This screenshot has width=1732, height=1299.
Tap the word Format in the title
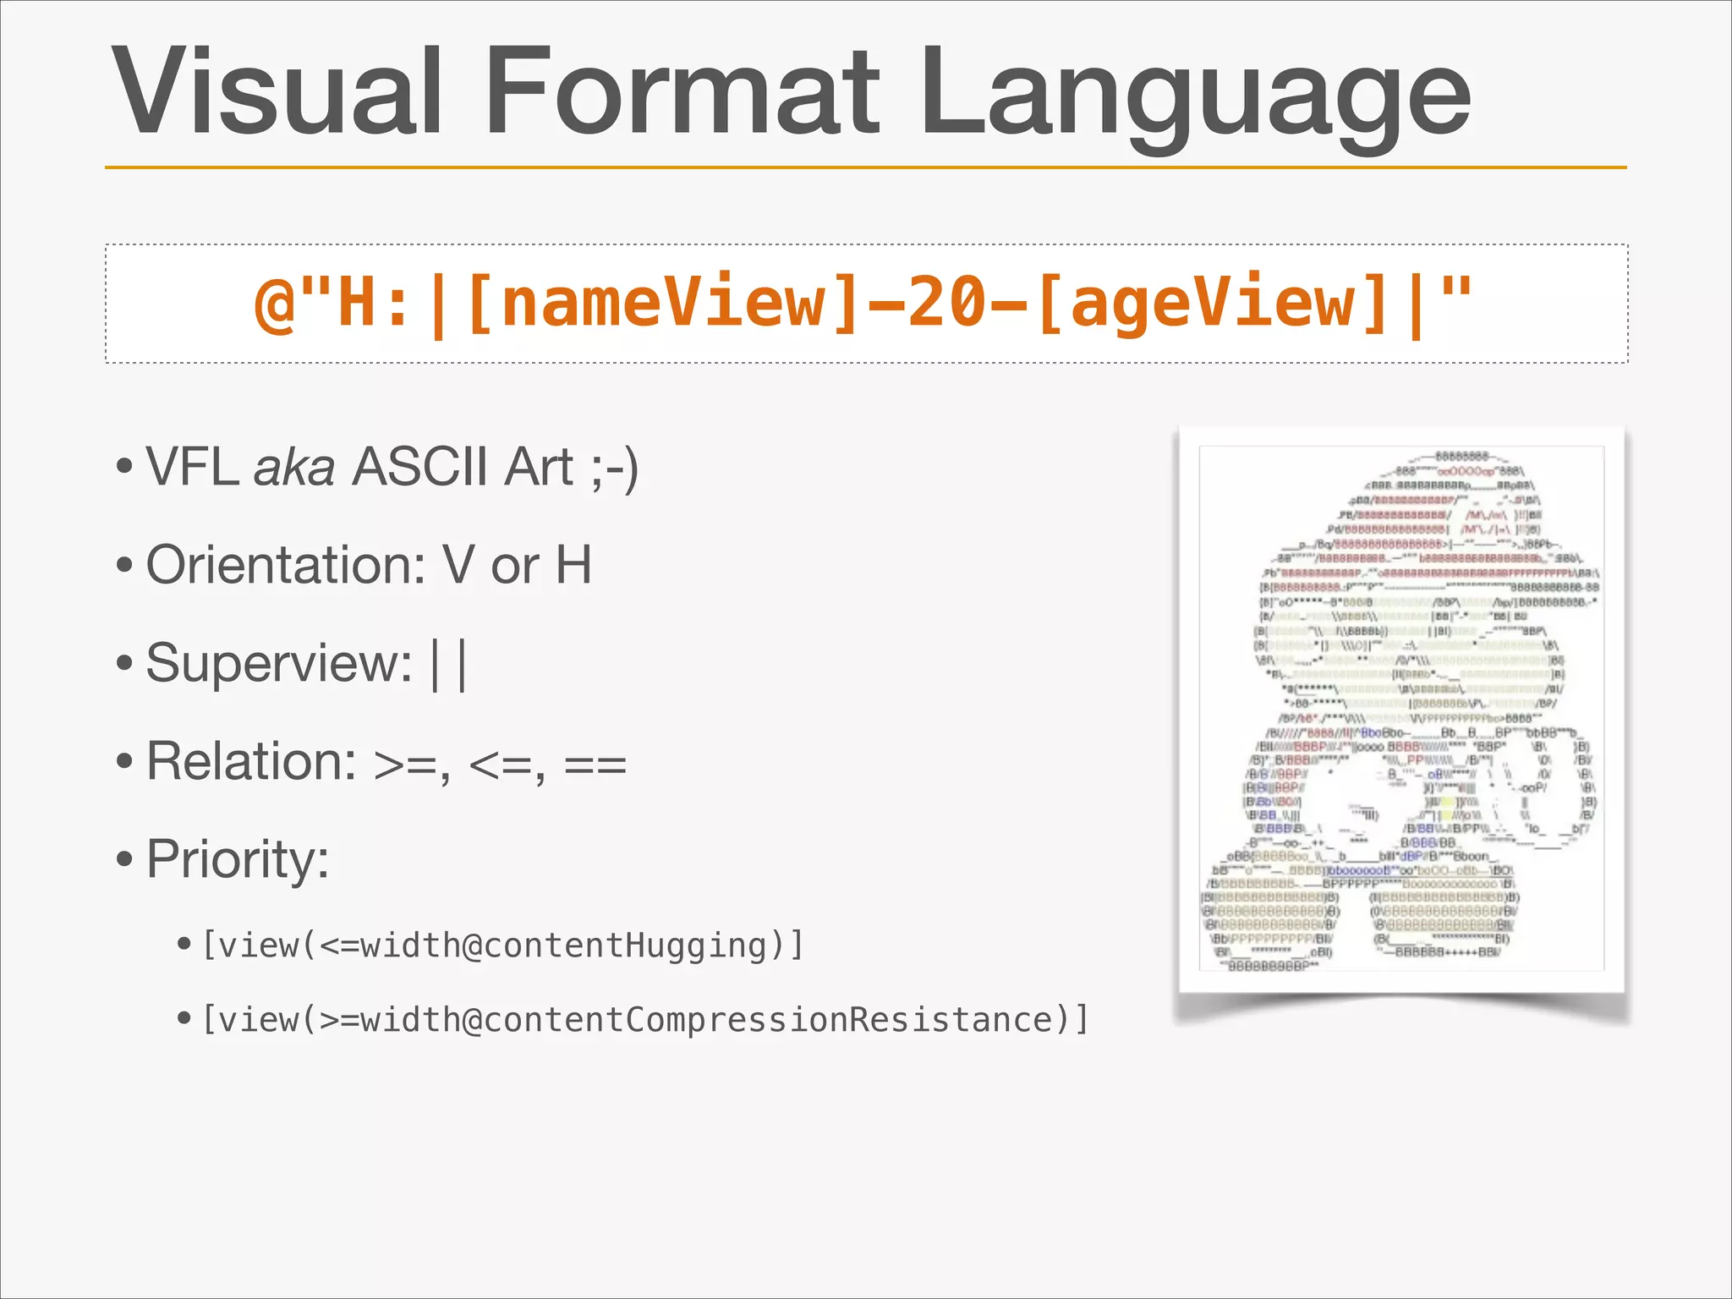coord(682,91)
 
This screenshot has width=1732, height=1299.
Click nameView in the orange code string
coord(661,303)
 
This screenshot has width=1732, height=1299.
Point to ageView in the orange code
coord(1211,303)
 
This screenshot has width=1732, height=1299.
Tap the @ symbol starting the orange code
coord(274,304)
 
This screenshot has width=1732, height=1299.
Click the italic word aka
coord(294,467)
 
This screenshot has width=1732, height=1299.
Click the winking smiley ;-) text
coord(615,469)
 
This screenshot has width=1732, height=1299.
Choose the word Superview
coord(279,663)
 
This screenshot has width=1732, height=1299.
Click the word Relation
coord(251,761)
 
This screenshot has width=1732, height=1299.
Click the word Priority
coord(238,859)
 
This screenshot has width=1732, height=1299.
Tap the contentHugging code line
coord(502,945)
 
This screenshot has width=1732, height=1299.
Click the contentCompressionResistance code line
coord(644,1020)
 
